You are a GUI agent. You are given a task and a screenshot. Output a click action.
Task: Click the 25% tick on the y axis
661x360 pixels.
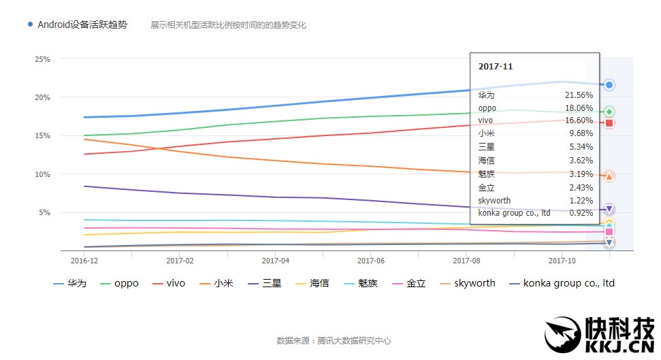pos(42,59)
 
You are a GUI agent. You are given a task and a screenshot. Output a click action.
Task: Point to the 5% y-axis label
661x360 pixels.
pos(44,212)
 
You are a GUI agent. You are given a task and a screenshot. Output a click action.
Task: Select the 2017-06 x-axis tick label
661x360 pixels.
pos(370,260)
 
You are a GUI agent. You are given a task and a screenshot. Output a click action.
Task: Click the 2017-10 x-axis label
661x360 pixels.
pos(562,260)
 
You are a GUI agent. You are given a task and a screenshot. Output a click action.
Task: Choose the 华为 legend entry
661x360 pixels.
pos(70,283)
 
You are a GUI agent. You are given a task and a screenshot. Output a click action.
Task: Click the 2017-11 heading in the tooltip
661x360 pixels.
pos(496,67)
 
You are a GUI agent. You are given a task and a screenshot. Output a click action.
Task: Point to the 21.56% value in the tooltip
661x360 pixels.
pos(579,95)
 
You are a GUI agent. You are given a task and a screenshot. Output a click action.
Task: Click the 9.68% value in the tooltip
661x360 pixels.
pos(581,134)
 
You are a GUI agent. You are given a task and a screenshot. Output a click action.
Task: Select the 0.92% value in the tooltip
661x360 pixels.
pos(581,213)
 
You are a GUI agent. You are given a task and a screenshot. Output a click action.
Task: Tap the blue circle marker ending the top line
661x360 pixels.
pos(609,85)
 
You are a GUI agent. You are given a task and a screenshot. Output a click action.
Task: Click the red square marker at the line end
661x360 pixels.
pos(609,123)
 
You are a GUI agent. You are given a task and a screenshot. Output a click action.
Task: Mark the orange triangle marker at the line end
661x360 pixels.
pos(609,176)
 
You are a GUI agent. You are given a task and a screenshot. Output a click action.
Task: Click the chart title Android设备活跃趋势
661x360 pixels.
pos(82,24)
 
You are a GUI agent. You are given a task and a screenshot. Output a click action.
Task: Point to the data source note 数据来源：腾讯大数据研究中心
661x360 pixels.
pos(334,340)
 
